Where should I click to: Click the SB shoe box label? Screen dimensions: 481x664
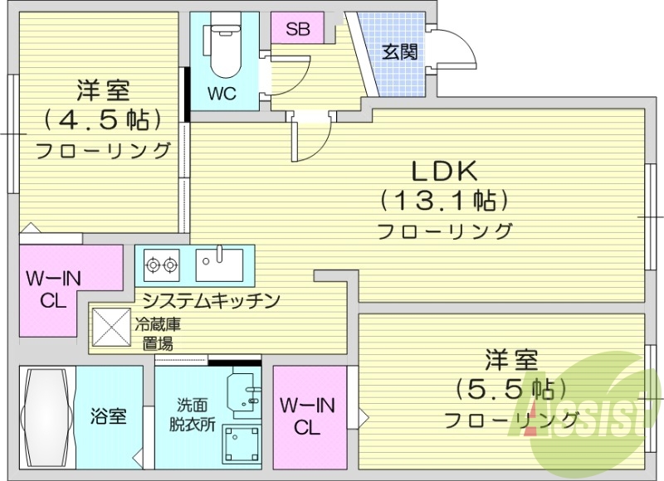[298, 29]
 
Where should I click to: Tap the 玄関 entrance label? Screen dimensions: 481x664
[399, 51]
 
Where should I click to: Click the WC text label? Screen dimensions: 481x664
[222, 94]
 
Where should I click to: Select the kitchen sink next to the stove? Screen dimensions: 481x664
[220, 265]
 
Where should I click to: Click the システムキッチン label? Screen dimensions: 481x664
[210, 300]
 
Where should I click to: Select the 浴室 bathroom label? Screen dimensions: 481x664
[108, 415]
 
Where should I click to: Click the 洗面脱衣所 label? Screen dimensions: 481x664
[195, 414]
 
